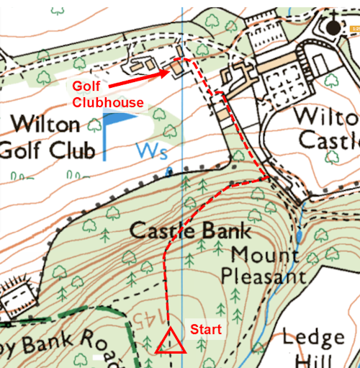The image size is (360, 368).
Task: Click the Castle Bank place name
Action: coord(191,231)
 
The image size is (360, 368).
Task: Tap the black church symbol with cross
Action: coord(332,26)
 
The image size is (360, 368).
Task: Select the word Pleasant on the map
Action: coord(263,275)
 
